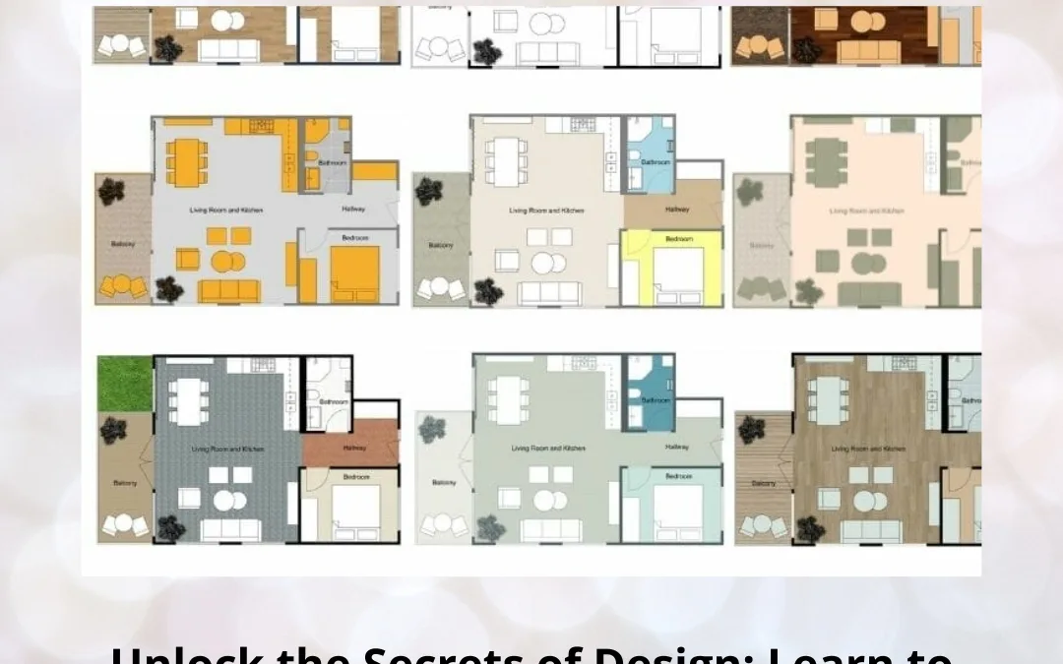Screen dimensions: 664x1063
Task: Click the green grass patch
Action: coord(125,384)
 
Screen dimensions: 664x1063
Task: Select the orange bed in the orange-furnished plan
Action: coord(355,273)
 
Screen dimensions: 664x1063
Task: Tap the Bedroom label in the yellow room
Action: coord(679,239)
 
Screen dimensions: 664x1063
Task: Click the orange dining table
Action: coord(187,160)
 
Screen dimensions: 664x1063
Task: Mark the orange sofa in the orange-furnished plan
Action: coord(228,290)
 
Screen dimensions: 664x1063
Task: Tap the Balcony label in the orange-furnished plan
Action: coord(123,244)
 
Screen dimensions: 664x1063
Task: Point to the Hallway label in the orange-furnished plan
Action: coord(353,209)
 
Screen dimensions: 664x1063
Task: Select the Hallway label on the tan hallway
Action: coord(677,210)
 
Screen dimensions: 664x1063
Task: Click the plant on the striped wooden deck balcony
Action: coord(752,429)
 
